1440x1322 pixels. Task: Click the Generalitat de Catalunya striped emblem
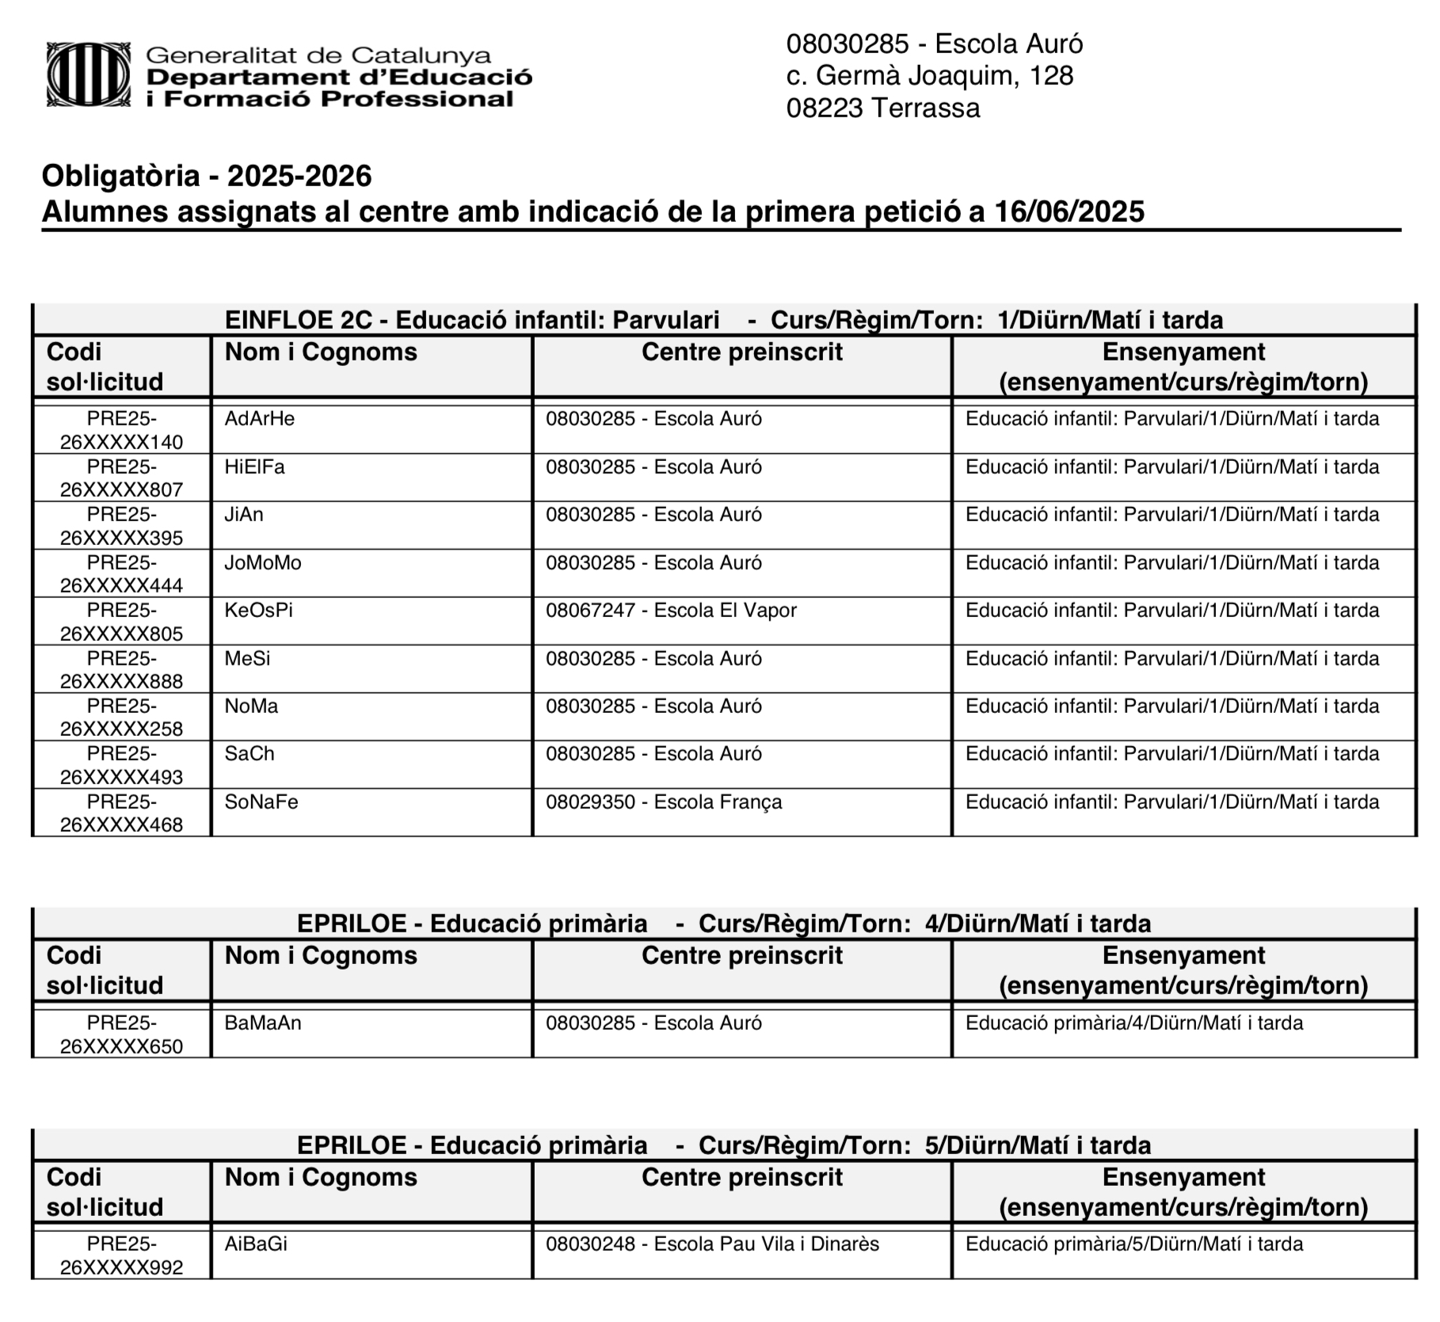[x=89, y=75]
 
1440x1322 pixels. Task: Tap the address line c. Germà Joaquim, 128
[x=929, y=76]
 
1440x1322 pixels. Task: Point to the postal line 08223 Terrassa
[x=882, y=108]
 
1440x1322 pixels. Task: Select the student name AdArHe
[x=260, y=419]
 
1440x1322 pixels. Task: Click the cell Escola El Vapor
[x=670, y=611]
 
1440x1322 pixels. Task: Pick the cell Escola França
[x=663, y=802]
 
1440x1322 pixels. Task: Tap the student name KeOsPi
[x=259, y=611]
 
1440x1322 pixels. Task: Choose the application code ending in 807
[x=122, y=478]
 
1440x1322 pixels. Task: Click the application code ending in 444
[x=122, y=573]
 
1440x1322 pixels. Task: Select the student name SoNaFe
[x=261, y=802]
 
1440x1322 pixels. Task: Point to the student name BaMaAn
[x=263, y=1023]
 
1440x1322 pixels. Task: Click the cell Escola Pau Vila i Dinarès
[x=712, y=1244]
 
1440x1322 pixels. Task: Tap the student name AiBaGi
[x=256, y=1244]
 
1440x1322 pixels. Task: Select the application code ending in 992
[x=122, y=1255]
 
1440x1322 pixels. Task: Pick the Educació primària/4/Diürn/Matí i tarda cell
[x=1133, y=1023]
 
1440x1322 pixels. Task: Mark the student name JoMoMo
[x=263, y=563]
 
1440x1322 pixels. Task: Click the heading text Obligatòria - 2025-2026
[x=207, y=176]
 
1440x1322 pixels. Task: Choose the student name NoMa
[x=251, y=707]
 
